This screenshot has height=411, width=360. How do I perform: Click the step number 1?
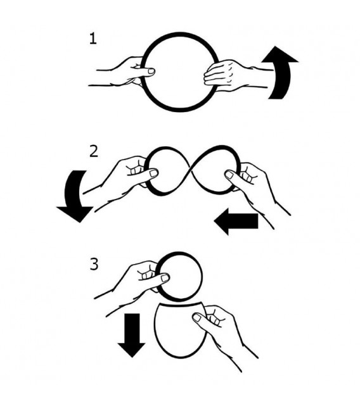point(93,39)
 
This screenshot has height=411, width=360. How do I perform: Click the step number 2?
point(94,151)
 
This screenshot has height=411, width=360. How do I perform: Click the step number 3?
point(94,264)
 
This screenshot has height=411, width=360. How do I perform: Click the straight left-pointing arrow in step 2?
point(236,222)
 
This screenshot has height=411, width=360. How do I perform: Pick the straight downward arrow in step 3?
point(131,335)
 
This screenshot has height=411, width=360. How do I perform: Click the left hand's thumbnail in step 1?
point(151,71)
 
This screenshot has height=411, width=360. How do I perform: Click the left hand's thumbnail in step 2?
point(154,174)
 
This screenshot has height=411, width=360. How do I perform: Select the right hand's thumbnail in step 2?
point(229,175)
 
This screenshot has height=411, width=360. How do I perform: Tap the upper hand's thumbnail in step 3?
point(165,278)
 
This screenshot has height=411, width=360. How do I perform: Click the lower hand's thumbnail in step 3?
point(196,318)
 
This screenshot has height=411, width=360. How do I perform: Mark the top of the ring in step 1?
point(181,34)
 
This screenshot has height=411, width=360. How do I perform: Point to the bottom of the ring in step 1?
point(181,110)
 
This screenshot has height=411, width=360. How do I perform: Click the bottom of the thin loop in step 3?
point(181,358)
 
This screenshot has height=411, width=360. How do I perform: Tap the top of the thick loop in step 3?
point(180,253)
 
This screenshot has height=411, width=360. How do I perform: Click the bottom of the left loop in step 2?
point(160,194)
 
